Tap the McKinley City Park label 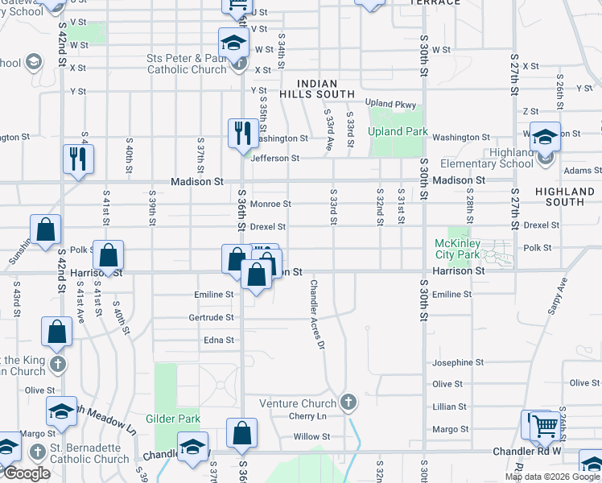pyautogui.click(x=457, y=249)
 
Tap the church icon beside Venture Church pyautogui.click(x=348, y=402)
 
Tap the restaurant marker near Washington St pyautogui.click(x=243, y=133)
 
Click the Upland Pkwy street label pyautogui.click(x=390, y=104)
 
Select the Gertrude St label pyautogui.click(x=211, y=318)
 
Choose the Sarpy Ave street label pyautogui.click(x=555, y=296)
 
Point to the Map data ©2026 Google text pyautogui.click(x=552, y=476)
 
